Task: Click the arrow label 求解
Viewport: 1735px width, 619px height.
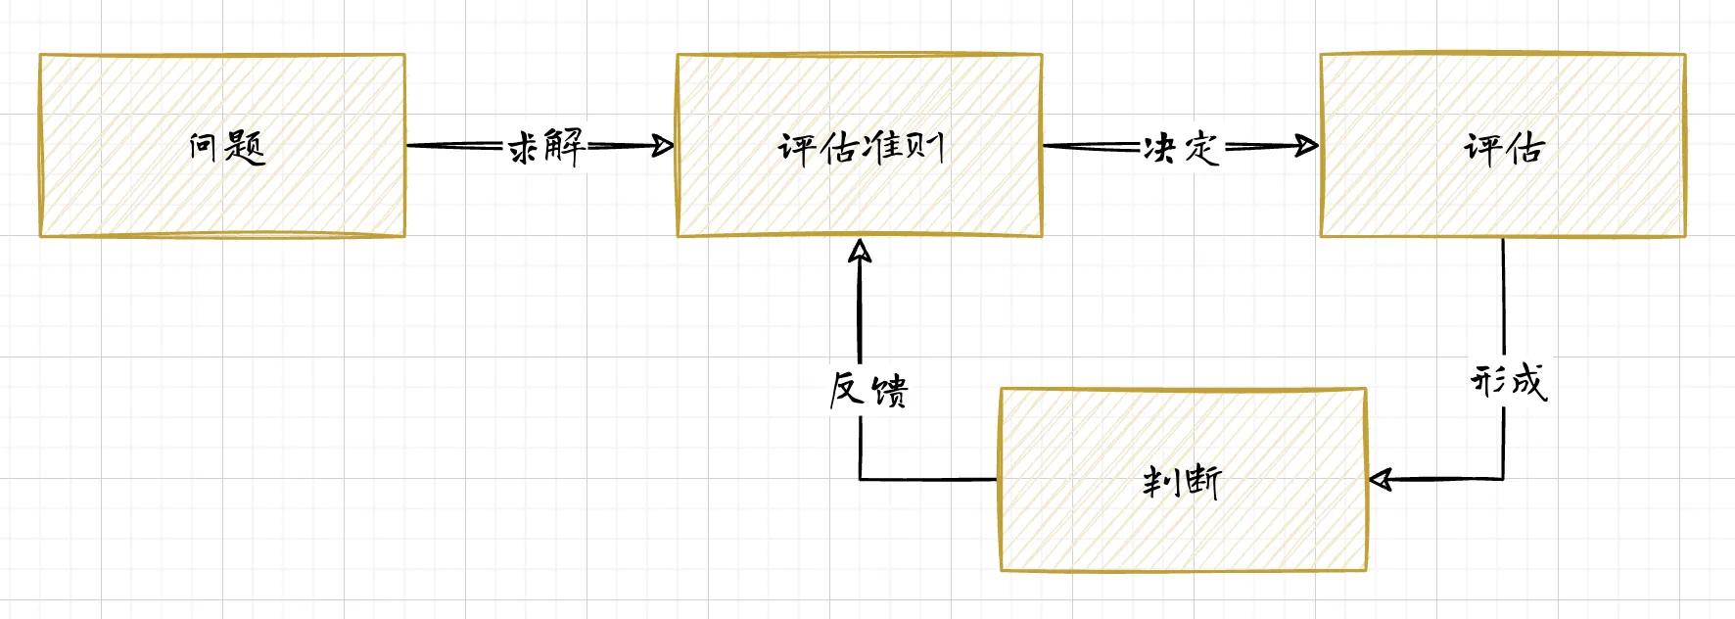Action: (545, 147)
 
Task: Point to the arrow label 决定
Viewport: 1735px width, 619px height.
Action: (1181, 148)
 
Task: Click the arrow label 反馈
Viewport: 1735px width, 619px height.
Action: (867, 390)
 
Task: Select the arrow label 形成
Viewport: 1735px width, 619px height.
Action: (1508, 381)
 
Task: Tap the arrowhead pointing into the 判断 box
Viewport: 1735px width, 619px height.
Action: (1381, 479)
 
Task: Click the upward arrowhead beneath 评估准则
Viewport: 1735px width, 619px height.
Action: (860, 252)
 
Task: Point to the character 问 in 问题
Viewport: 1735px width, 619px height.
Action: (203, 147)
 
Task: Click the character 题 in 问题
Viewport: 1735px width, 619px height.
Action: (245, 147)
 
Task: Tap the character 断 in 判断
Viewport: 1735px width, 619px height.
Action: (1202, 481)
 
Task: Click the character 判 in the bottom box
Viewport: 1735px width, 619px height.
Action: (1161, 481)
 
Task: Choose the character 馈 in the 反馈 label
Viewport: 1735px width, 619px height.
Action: (889, 391)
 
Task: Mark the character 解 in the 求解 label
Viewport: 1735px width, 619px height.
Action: (565, 146)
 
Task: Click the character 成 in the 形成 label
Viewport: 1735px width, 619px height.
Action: (1528, 381)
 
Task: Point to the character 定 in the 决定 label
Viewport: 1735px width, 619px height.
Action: (1202, 148)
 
